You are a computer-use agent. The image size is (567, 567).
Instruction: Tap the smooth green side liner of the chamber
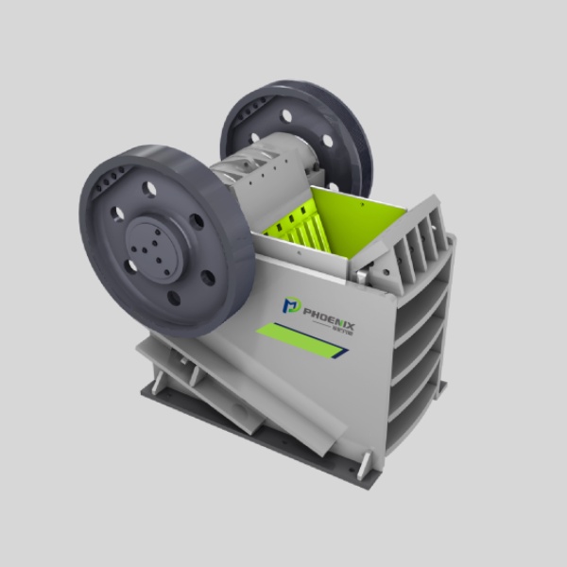(359, 227)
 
